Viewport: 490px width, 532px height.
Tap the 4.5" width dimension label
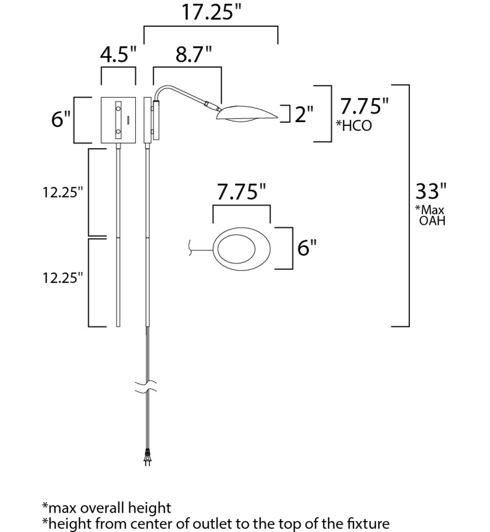pos(118,55)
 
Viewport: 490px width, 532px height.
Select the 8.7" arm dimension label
pos(194,55)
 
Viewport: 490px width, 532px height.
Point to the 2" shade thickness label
pos(304,114)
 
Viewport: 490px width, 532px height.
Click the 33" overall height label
pos(431,192)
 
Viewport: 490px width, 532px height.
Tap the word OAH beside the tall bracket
pos(432,220)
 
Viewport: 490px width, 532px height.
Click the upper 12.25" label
pos(63,192)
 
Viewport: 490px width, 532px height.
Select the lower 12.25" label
pos(63,277)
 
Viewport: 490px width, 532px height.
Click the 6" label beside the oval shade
pos(307,247)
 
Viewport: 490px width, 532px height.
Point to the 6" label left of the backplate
pos(61,120)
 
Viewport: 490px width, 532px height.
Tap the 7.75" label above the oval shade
pos(241,192)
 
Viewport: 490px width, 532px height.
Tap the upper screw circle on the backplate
pos(118,108)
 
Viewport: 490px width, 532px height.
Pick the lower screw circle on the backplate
pos(118,131)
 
